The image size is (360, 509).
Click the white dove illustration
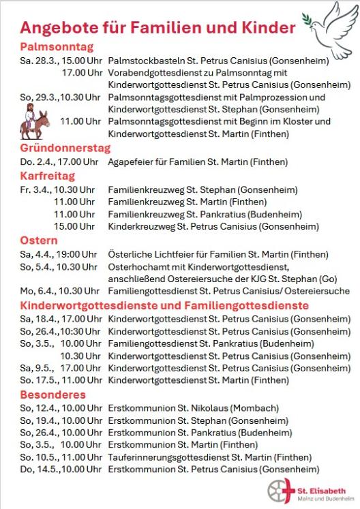[x=329, y=27]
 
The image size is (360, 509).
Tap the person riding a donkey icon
[x=34, y=123]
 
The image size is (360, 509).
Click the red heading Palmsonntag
[x=57, y=47]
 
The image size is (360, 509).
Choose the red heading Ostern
[x=39, y=240]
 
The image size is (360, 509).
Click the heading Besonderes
[x=53, y=395]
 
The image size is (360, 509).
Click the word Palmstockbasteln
[x=142, y=60]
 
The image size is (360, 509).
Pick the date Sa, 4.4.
[x=34, y=253]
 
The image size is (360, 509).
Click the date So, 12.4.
[x=37, y=408]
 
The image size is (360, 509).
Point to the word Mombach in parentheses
[x=258, y=408]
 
